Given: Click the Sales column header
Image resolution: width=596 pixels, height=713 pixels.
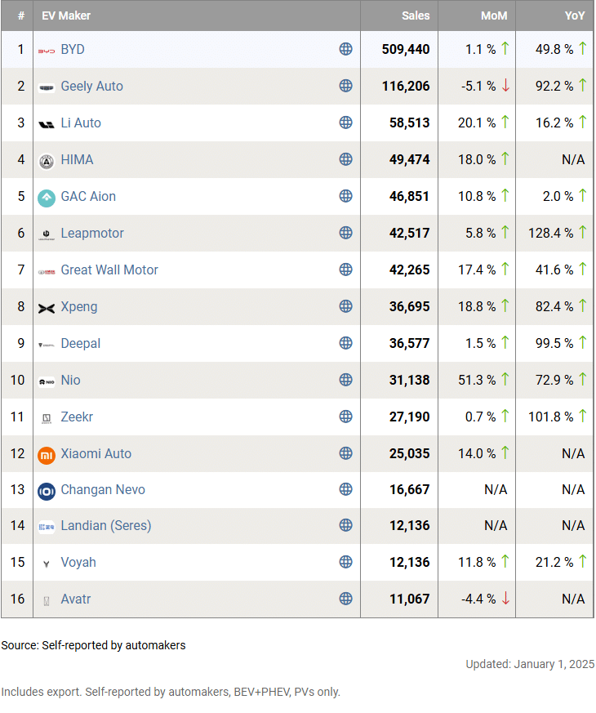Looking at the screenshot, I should tap(416, 16).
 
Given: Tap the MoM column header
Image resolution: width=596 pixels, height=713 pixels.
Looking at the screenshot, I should tap(494, 16).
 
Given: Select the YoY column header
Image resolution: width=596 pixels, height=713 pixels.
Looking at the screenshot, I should tap(575, 16).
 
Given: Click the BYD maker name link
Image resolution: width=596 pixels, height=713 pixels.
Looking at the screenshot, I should tap(73, 50).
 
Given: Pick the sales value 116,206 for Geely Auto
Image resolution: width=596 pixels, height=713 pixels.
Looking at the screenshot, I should tap(405, 87).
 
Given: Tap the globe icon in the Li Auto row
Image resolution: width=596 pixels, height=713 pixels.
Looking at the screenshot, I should tap(345, 123).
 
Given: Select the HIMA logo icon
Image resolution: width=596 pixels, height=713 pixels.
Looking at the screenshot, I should tap(47, 160).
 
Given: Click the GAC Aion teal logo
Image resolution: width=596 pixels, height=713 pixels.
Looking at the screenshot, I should tap(47, 197).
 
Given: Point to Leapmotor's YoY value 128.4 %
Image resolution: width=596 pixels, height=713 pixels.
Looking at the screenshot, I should tap(550, 234).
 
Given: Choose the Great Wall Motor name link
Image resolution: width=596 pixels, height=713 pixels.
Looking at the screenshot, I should tap(109, 270).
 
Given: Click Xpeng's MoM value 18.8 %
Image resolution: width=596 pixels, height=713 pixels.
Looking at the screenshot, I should tap(477, 307).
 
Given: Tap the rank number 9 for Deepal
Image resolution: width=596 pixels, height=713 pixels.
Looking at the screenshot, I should tap(17, 344).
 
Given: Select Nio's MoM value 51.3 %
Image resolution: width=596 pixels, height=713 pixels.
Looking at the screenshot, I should tap(477, 381).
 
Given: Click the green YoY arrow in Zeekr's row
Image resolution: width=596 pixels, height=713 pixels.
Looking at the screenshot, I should tap(583, 417).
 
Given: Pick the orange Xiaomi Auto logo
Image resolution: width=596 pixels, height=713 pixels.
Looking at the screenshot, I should tap(47, 454).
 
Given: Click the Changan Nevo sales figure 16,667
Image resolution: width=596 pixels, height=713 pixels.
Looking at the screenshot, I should tap(409, 490).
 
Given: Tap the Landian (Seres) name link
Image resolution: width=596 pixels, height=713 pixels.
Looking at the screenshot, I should tap(106, 526).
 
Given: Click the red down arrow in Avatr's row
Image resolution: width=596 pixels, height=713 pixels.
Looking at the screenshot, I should tap(505, 599).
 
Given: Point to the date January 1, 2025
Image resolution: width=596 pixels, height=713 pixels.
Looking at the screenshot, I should tap(554, 664).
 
